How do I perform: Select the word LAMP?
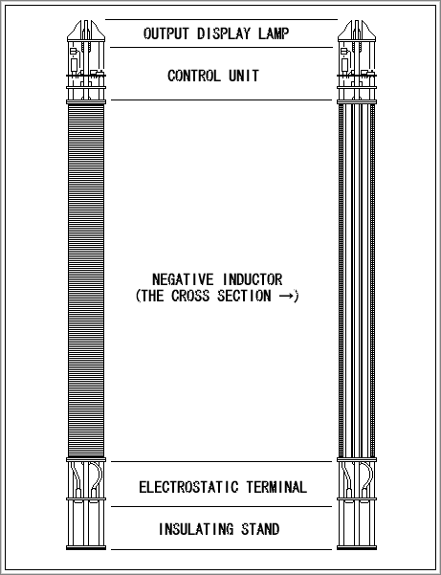pos(274,33)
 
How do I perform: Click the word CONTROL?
pos(194,76)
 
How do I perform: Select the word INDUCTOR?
pos(253,279)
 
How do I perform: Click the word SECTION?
pos(244,296)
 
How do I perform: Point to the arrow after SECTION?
pos(286,296)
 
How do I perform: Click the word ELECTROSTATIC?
pos(188,487)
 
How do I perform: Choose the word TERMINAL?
pos(276,487)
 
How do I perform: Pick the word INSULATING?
pos(196,529)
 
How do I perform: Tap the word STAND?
pos(260,529)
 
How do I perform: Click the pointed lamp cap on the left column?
pos(86,31)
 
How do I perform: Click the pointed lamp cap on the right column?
pos(357,31)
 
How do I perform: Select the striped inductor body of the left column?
pos(86,280)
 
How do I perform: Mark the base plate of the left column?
pos(86,548)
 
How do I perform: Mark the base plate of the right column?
pos(357,548)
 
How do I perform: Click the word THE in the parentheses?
pos(152,296)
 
